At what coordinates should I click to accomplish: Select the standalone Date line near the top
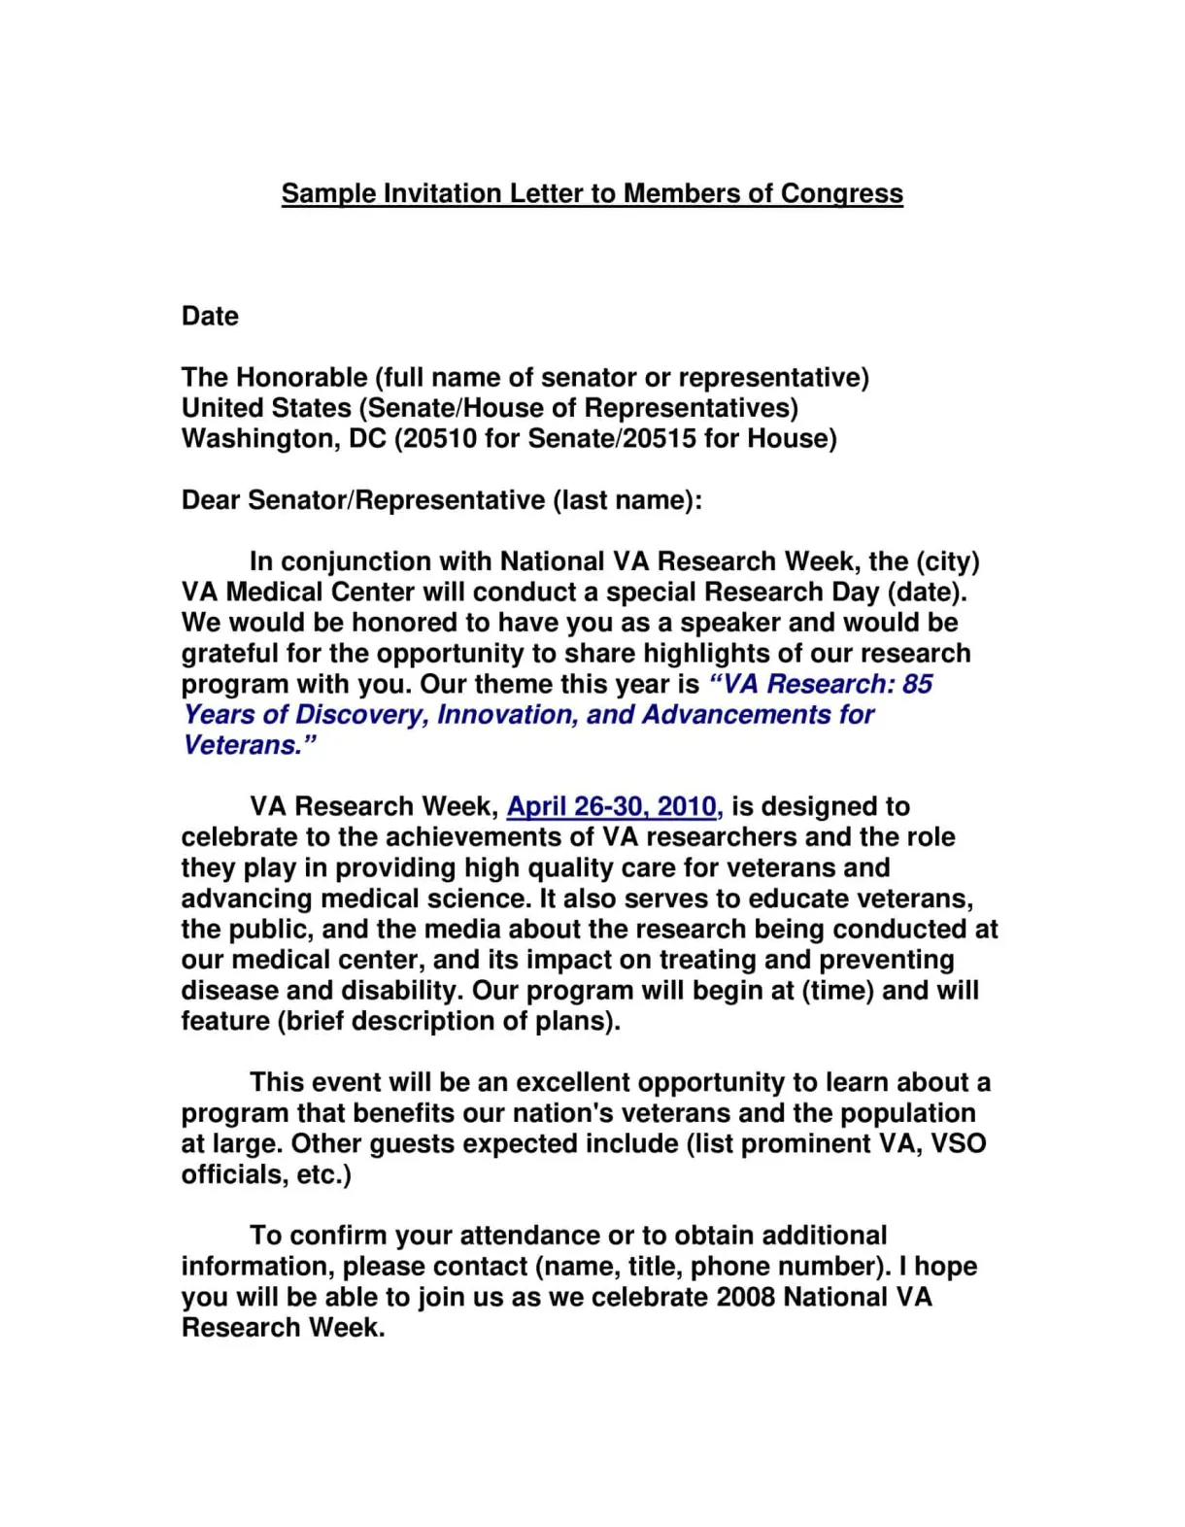click(210, 317)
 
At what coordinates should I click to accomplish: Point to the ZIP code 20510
click(440, 439)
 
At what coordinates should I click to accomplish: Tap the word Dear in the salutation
click(211, 500)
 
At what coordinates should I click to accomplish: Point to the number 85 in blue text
click(917, 684)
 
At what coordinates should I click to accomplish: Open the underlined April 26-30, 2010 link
click(614, 806)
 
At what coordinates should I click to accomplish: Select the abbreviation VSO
click(959, 1143)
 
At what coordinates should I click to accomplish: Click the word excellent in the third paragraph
click(573, 1082)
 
